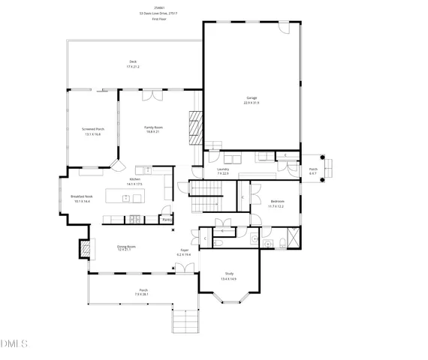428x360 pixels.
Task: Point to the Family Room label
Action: [153, 127]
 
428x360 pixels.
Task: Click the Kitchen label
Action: [135, 180]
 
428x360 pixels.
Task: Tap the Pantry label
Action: [166, 219]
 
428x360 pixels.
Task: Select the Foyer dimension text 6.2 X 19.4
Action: [184, 255]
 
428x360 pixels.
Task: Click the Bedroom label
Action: [276, 202]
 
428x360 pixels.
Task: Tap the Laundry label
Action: [222, 169]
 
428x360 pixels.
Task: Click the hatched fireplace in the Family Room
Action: [194, 127]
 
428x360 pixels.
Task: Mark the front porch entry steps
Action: [188, 322]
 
